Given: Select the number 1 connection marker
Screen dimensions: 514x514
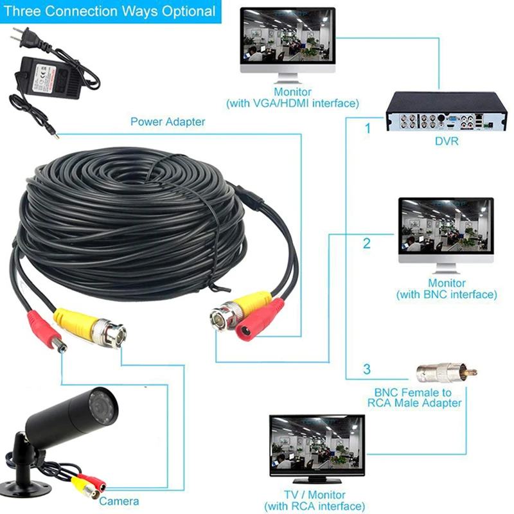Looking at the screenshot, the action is pos(368,128).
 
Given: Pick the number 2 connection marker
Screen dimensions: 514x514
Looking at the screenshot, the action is pos(367,243).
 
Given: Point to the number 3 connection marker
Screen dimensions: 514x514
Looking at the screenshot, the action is pos(367,369).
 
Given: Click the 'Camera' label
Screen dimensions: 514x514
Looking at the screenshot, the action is pos(119,501).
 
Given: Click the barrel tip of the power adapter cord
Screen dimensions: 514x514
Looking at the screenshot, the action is pos(56,135).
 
